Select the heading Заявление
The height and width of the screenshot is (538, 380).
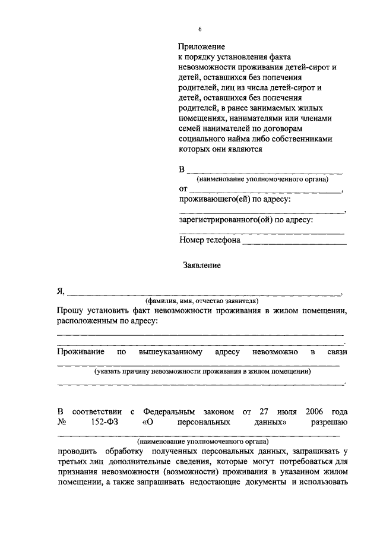coord(202,266)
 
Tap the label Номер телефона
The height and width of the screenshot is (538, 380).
coord(210,241)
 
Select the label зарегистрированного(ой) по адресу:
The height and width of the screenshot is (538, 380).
coord(246,220)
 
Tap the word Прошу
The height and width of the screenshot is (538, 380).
coord(70,311)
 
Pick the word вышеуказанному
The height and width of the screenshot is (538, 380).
coord(170,353)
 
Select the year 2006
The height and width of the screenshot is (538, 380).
coord(316,411)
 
